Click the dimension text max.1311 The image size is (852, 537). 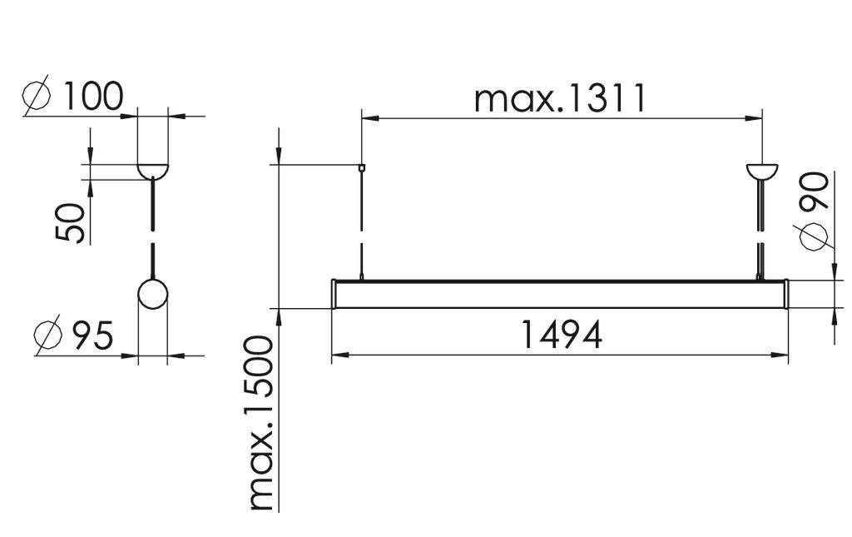pyautogui.click(x=560, y=98)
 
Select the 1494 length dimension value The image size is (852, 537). pyautogui.click(x=561, y=335)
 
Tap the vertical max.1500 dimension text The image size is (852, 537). pyautogui.click(x=261, y=423)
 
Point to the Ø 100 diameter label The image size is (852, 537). pyautogui.click(x=73, y=97)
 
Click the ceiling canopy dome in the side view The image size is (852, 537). pyautogui.click(x=152, y=170)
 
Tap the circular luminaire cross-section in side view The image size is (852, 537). pyautogui.click(x=152, y=295)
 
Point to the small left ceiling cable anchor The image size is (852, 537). pyautogui.click(x=361, y=167)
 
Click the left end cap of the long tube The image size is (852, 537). pyautogui.click(x=334, y=295)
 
